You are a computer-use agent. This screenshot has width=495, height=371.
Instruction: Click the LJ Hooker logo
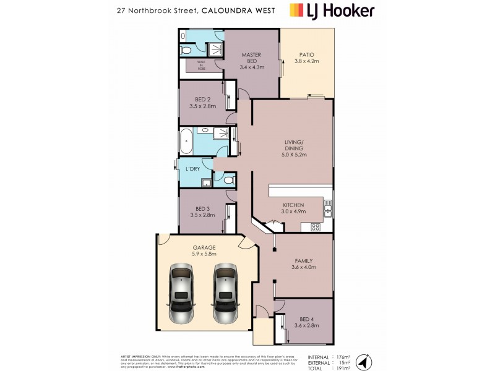point(332,11)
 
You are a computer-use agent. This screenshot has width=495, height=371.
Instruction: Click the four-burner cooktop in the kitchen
point(315,226)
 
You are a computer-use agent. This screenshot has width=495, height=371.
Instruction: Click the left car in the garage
point(181,294)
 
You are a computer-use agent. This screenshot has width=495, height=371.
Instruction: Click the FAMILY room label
point(304,264)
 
